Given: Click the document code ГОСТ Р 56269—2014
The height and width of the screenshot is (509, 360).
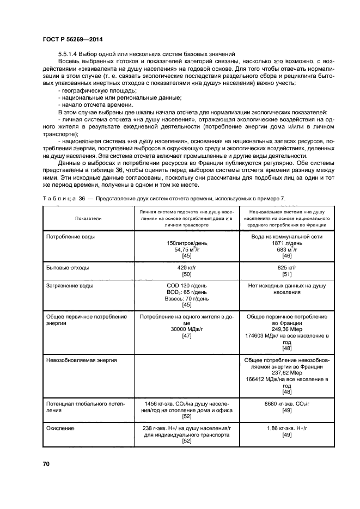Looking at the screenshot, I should [x=72, y=40].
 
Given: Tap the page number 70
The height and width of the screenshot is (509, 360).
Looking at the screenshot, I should [x=46, y=464].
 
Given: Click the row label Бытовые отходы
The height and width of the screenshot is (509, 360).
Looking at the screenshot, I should [x=68, y=268].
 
